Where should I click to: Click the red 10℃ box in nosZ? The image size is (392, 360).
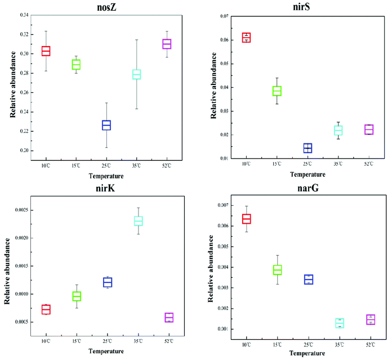click(46, 51)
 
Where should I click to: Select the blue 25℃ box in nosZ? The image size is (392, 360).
click(106, 125)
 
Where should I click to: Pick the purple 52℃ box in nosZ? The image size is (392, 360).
click(167, 44)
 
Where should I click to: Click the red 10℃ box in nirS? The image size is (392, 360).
click(246, 38)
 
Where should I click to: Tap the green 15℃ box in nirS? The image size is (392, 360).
click(277, 91)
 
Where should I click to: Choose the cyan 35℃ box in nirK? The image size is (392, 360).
click(138, 220)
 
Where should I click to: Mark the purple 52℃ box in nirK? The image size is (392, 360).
click(169, 317)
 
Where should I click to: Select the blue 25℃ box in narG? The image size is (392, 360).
click(308, 280)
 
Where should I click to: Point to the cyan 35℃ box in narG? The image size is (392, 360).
click(338, 323)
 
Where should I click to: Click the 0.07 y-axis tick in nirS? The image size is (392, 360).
click(223, 16)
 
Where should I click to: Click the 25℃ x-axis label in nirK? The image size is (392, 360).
click(106, 341)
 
